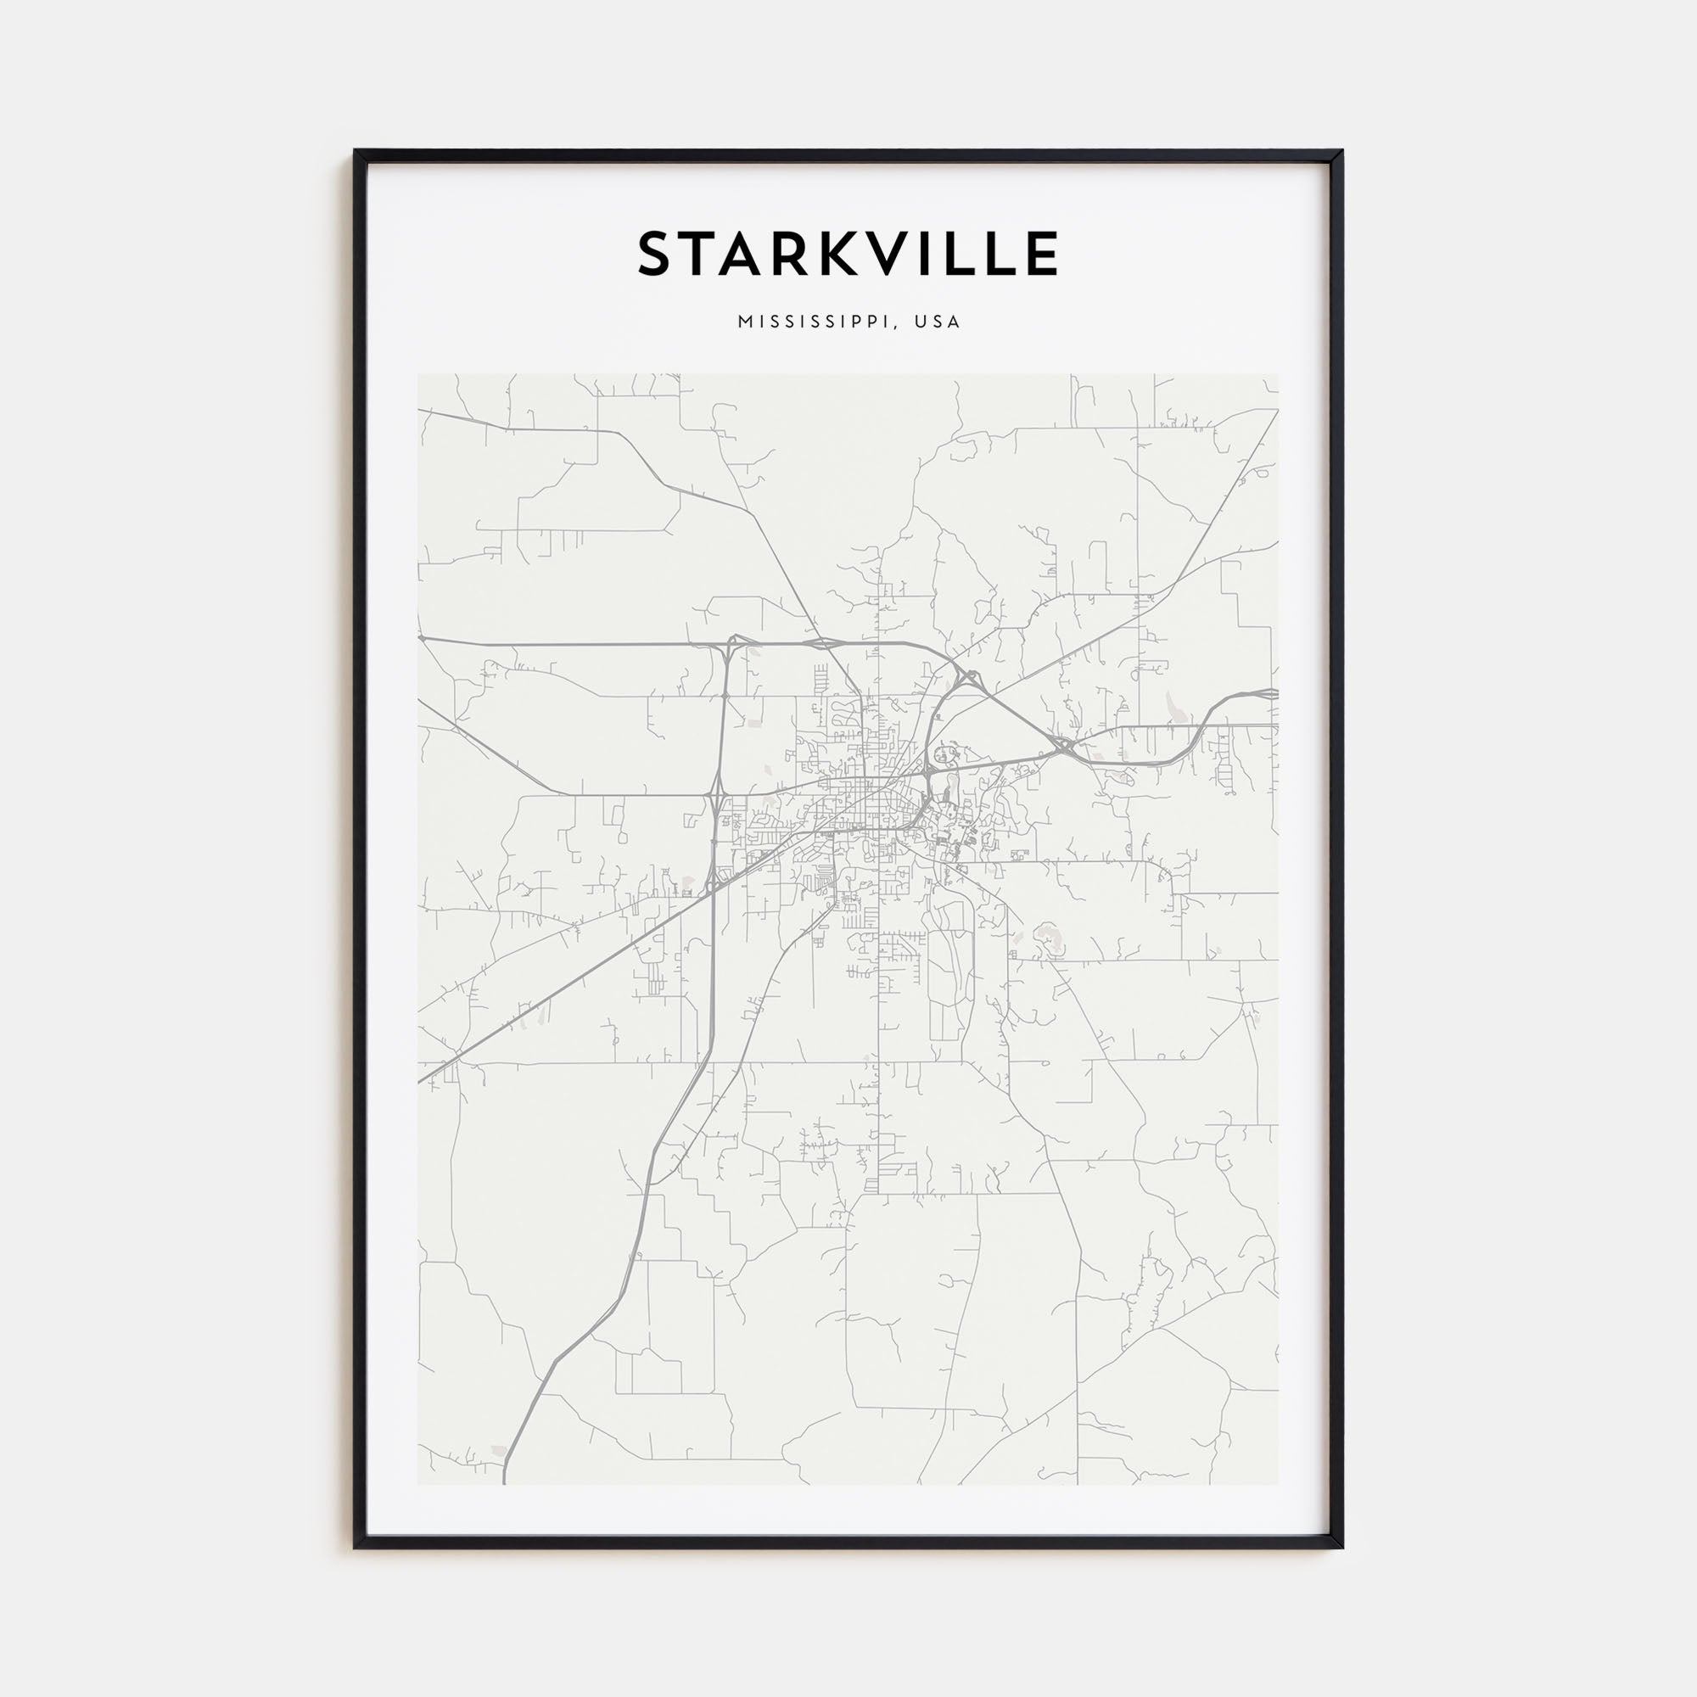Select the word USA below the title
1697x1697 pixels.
tap(938, 322)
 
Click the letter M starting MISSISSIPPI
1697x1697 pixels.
tap(745, 322)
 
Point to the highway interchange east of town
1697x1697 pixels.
tap(1066, 747)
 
